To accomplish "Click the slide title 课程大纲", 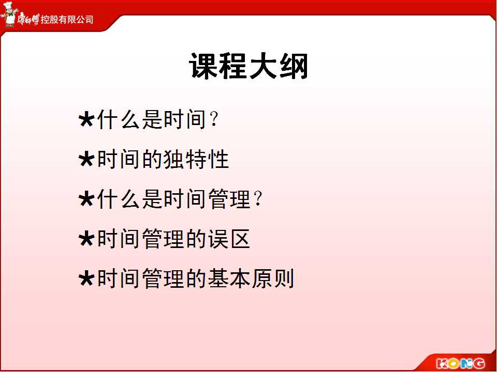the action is (x=249, y=66).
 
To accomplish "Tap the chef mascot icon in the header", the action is (x=8, y=14).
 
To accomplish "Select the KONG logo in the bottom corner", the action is (x=461, y=363).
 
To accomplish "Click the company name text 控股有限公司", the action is (x=67, y=20).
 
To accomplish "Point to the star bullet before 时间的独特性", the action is (x=86, y=159).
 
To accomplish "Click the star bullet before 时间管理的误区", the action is (x=86, y=239).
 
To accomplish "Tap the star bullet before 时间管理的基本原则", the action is (x=86, y=278).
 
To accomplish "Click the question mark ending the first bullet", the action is (x=214, y=119).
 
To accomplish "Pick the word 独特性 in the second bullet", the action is (x=196, y=159).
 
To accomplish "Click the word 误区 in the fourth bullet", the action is (x=229, y=239).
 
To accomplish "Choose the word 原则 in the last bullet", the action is (x=273, y=278).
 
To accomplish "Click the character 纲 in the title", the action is (x=294, y=66).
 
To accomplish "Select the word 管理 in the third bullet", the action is (x=229, y=199).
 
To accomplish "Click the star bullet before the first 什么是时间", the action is (x=86, y=119).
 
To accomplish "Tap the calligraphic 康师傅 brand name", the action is (x=28, y=19).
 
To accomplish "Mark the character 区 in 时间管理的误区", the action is (x=240, y=239).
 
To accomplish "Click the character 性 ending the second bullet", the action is (x=218, y=159).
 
